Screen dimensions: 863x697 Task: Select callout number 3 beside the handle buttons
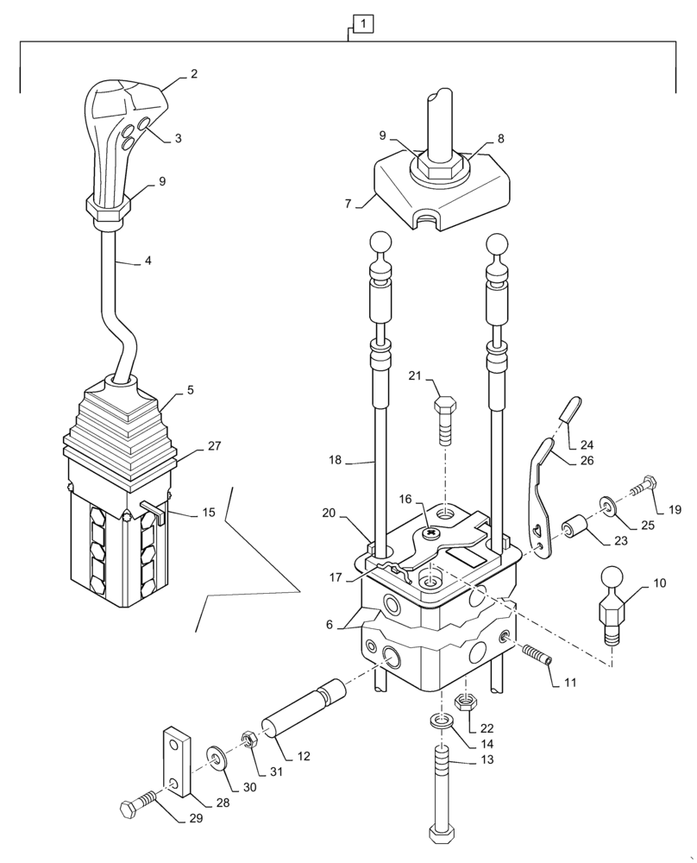click(179, 138)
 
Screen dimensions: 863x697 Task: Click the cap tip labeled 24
click(570, 411)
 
